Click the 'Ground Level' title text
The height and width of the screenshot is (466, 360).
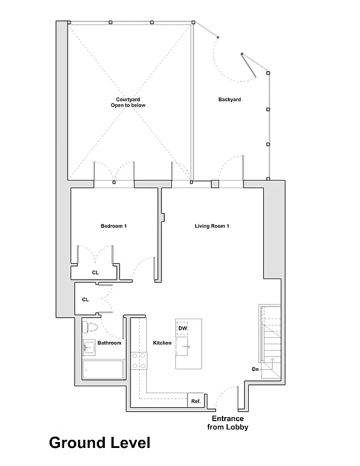tap(99, 443)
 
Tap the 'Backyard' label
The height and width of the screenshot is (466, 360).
tap(230, 100)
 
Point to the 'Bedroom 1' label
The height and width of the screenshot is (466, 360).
tap(114, 226)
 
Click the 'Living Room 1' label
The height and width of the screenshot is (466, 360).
tap(211, 226)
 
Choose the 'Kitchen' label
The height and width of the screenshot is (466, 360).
tap(162, 343)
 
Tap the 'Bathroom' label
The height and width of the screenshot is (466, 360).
tap(109, 343)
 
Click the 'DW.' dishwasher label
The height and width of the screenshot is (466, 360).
tap(182, 329)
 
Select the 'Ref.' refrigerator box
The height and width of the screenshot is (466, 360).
tap(196, 401)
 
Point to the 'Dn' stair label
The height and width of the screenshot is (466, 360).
tap(255, 369)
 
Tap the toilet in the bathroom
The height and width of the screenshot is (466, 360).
tap(91, 327)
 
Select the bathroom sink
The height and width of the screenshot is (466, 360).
tap(89, 349)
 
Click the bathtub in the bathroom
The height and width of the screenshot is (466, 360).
tap(103, 369)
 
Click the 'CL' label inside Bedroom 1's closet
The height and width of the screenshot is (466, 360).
tap(95, 272)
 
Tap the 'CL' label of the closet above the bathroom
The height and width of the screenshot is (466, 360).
tap(85, 299)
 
